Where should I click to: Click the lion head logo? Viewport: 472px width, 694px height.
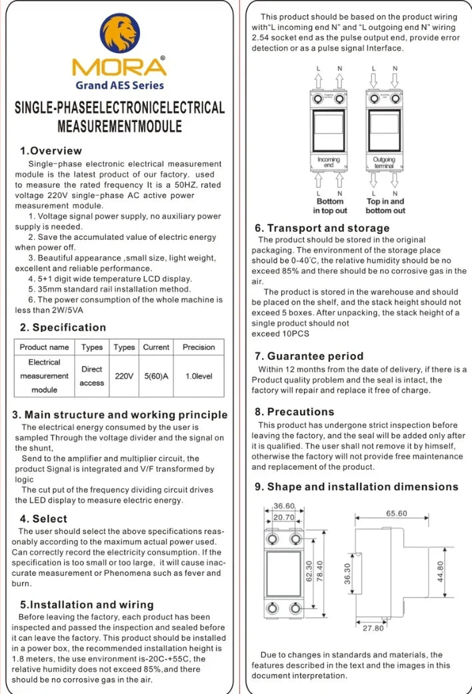pos(121,35)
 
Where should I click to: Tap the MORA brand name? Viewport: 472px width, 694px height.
pos(119,68)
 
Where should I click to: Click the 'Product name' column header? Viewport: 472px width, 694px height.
pos(44,347)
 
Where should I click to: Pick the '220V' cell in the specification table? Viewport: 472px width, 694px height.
pos(124,376)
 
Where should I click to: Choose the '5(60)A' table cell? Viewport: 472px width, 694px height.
pos(156,376)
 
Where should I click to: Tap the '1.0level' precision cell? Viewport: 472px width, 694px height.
pos(199,376)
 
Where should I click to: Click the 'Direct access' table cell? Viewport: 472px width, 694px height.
pos(92,376)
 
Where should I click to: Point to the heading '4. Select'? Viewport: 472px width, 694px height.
pos(43,519)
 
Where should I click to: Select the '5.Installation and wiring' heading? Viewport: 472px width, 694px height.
pos(87,605)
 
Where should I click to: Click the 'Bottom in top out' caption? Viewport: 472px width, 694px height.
pos(330,205)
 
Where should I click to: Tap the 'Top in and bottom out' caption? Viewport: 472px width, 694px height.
pos(385,205)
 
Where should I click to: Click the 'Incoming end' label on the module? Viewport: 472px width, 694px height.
pos(329,162)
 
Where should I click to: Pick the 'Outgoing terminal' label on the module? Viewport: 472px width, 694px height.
pos(384,162)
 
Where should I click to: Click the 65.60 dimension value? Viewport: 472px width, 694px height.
pos(397,513)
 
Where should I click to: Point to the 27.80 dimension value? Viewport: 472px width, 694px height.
pos(374,628)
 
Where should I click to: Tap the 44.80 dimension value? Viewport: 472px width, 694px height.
pos(440,571)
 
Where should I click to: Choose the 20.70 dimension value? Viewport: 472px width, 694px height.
pos(284,517)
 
